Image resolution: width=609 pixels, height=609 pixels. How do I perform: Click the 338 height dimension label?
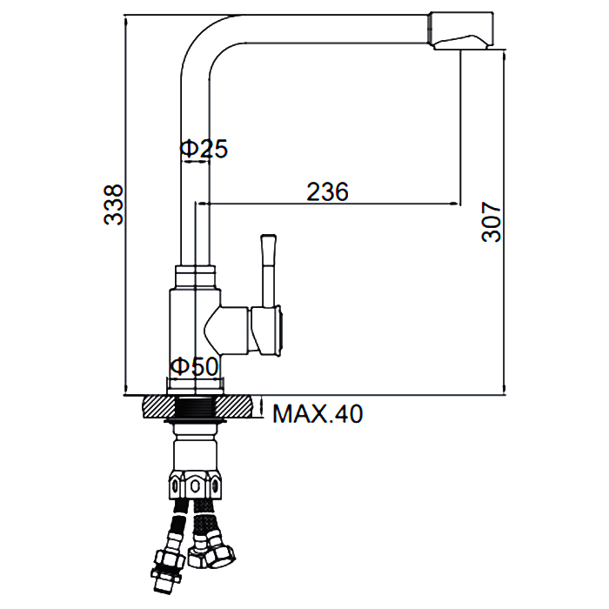click(x=113, y=204)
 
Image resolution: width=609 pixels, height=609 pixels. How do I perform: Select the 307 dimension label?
click(x=492, y=222)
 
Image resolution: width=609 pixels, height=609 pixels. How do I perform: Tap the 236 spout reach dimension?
click(x=327, y=192)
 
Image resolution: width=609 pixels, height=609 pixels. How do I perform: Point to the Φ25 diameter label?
click(x=204, y=149)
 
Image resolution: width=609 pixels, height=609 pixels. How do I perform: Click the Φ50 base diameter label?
click(x=195, y=366)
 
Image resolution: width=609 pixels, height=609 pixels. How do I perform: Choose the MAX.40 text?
click(x=318, y=413)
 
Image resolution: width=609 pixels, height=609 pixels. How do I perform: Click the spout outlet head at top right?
click(x=461, y=30)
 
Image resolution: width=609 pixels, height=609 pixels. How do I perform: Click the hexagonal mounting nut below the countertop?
click(x=195, y=484)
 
